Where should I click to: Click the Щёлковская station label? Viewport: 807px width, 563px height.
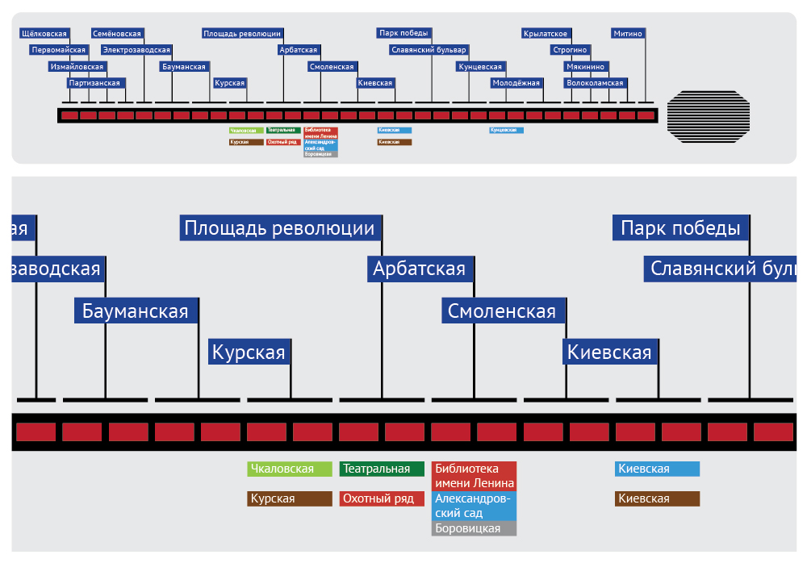point(44,33)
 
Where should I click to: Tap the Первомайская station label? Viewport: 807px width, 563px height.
point(58,49)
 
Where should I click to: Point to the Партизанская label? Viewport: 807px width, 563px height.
point(95,82)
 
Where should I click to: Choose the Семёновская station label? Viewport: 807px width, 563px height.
point(117,33)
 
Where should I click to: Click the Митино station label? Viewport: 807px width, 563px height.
point(628,33)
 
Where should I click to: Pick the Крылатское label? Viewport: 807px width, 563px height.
point(546,33)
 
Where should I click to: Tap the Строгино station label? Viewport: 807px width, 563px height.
point(570,49)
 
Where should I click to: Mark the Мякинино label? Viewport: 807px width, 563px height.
point(586,66)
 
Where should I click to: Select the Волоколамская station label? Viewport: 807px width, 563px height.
point(595,82)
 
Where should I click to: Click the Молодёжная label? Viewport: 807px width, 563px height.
point(516,82)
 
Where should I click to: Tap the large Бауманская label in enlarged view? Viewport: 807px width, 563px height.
point(136,311)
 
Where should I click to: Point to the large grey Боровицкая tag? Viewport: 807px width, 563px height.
point(474,529)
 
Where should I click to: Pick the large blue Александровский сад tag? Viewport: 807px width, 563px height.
point(474,506)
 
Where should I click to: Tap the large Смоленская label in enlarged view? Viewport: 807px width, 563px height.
point(502,311)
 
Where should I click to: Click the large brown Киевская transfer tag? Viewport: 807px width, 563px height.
point(657,498)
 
